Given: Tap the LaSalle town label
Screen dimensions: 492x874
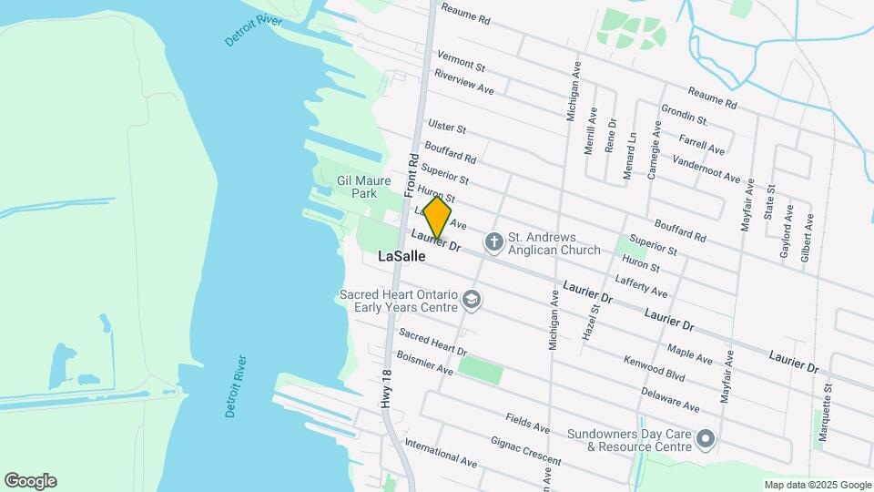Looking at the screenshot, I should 401,257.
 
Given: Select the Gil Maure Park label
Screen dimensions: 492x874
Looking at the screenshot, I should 357,187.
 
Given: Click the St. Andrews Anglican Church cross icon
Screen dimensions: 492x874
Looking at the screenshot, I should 493,242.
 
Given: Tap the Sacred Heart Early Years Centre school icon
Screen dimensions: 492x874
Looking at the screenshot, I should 471,299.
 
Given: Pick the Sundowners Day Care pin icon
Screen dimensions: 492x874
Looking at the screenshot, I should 706,440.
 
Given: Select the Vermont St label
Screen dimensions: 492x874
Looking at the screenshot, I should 461,61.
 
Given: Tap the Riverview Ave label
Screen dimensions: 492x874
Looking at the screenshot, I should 463,82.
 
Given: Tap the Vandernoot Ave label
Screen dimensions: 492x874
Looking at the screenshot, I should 706,169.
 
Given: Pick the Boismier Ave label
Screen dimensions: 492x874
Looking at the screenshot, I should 432,370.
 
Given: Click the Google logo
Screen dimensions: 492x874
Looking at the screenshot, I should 30,481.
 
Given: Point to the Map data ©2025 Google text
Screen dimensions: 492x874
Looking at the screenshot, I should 817,485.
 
